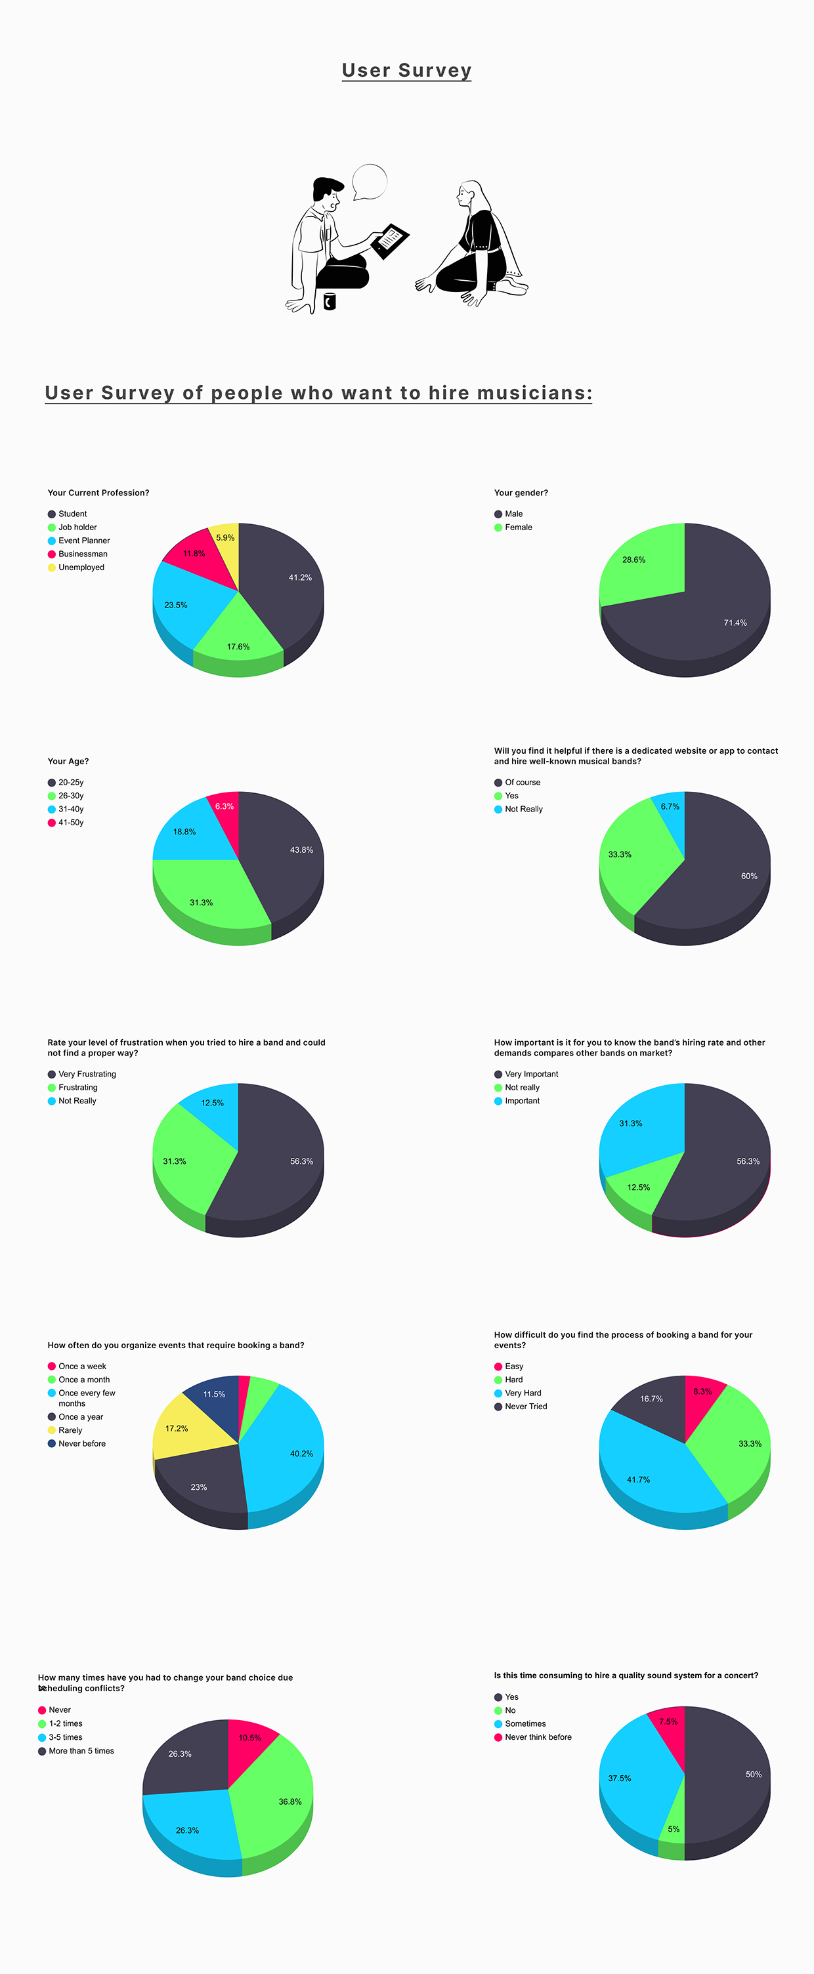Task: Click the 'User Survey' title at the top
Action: (406, 70)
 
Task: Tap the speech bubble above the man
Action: (370, 182)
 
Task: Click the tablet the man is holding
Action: (389, 240)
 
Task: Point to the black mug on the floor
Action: (330, 301)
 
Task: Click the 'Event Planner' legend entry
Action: (83, 541)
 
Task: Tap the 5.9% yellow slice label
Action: (225, 538)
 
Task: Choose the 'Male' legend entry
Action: (513, 514)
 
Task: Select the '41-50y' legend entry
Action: (70, 822)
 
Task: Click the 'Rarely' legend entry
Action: (70, 1430)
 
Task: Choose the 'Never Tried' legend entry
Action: (526, 1406)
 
